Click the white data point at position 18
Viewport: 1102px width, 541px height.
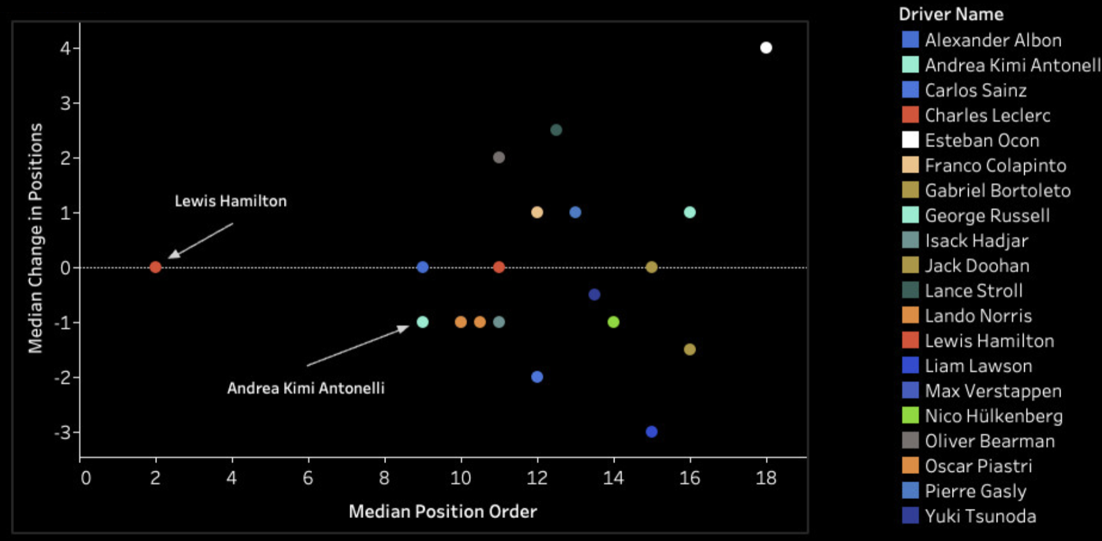(766, 48)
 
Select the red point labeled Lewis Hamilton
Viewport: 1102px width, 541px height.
(155, 267)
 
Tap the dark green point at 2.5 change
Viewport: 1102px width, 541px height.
(556, 130)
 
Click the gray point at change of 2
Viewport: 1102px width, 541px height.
(499, 158)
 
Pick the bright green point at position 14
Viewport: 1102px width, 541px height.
(613, 322)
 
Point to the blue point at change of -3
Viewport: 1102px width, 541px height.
(651, 432)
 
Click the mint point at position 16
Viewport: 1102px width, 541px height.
(689, 212)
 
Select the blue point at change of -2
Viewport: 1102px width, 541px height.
(537, 377)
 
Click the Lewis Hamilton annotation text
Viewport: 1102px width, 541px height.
(230, 201)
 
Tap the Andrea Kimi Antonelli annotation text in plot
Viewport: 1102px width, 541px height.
(306, 388)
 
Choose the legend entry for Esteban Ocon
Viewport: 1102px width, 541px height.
(981, 140)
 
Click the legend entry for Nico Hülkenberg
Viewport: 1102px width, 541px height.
(993, 416)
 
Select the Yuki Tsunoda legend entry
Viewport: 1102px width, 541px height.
(979, 516)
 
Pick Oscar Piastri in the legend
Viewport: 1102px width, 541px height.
(978, 466)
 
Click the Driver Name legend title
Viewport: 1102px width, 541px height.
(951, 14)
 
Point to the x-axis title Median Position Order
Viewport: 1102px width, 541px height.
(442, 511)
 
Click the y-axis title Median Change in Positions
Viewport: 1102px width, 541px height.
(35, 238)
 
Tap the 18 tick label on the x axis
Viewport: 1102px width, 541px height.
(766, 478)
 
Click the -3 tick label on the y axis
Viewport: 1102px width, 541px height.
(63, 433)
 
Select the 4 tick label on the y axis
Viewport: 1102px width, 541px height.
(66, 48)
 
